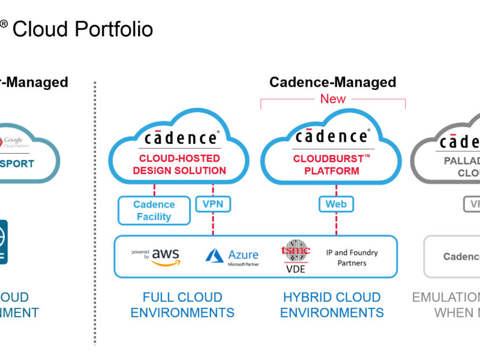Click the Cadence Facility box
point(154,211)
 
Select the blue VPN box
point(213,204)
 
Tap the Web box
point(335,204)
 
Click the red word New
point(333,99)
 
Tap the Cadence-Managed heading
point(332,82)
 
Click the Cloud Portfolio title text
point(82,29)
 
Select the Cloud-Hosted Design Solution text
point(179,164)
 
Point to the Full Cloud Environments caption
point(182,305)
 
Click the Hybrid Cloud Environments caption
point(332,305)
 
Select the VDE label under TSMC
point(295,269)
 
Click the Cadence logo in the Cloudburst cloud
point(332,137)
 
